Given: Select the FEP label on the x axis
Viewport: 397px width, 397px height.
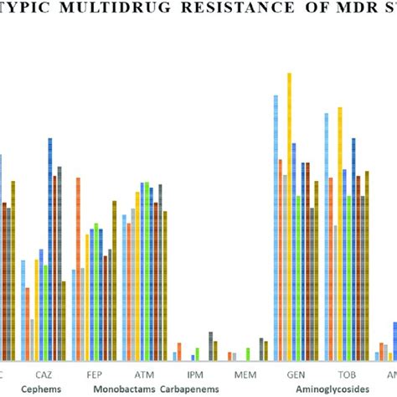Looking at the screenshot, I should point(94,376).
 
